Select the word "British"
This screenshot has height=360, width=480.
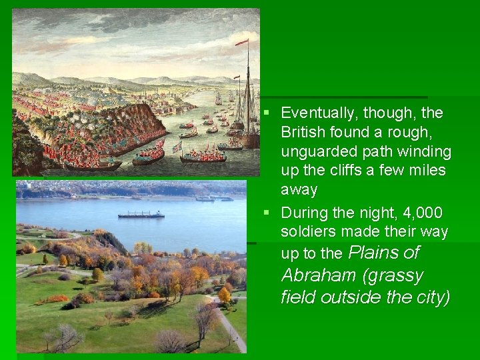pyautogui.click(x=303, y=133)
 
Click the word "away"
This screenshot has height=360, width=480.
pyautogui.click(x=299, y=190)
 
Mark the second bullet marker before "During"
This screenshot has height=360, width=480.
pyautogui.click(x=266, y=213)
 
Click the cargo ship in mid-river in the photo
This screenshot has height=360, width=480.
pyautogui.click(x=141, y=215)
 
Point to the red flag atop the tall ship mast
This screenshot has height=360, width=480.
pyautogui.click(x=241, y=43)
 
